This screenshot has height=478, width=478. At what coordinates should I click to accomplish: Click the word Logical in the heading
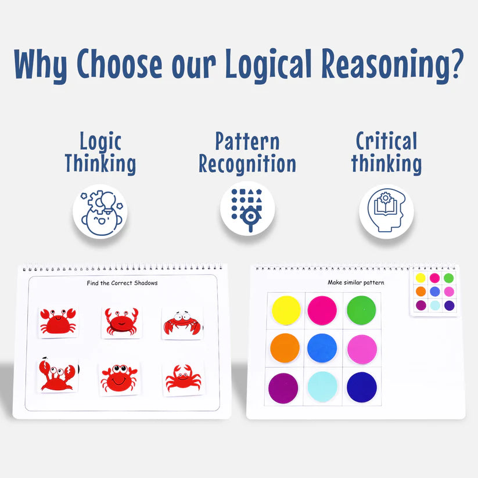point(256,64)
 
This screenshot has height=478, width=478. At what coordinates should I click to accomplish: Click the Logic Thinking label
point(100,152)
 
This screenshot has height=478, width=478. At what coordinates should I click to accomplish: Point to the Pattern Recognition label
point(247,152)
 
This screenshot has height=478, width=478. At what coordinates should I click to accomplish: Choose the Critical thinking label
point(386,152)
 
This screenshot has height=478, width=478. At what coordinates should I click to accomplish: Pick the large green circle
point(361,310)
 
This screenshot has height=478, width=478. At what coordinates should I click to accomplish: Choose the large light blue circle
point(322,386)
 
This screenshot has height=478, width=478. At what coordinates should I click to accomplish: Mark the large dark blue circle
point(361,386)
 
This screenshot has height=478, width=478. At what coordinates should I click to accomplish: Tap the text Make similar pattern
point(355,283)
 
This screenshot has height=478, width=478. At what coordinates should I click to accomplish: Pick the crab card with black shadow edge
point(58,375)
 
